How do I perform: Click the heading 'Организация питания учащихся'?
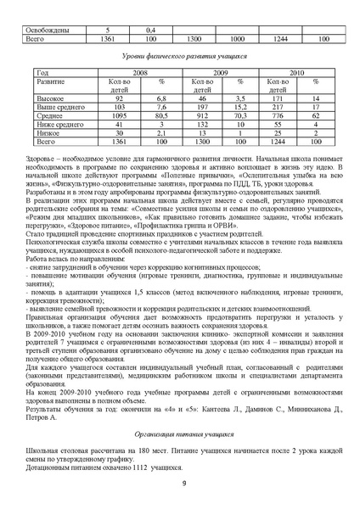179,433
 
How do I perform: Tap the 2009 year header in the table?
220,73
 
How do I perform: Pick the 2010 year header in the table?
295,73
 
